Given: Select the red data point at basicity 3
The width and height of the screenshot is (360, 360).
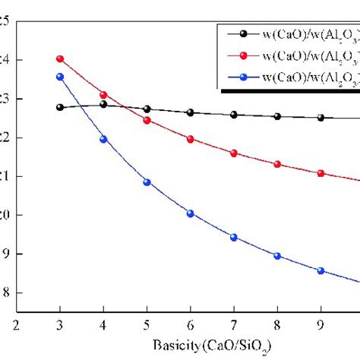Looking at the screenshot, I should pyautogui.click(x=60, y=58).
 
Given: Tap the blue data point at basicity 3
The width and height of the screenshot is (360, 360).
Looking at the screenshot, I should pyautogui.click(x=60, y=77).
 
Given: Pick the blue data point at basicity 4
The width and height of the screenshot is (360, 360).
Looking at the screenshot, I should pyautogui.click(x=103, y=139).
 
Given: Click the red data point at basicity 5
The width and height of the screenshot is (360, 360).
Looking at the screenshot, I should pyautogui.click(x=147, y=120).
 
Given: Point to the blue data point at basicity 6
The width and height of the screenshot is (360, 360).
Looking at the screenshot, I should pyautogui.click(x=191, y=213).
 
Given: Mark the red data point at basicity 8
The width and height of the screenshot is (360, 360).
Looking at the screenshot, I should pyautogui.click(x=277, y=164).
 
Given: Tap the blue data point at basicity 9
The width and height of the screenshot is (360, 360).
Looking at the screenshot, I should pyautogui.click(x=321, y=270).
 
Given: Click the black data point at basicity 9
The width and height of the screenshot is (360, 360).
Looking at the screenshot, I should pyautogui.click(x=321, y=118).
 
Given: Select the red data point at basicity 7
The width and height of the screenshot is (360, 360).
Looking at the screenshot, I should pyautogui.click(x=234, y=153).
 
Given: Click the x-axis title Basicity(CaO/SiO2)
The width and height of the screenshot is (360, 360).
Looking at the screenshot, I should pyautogui.click(x=191, y=344).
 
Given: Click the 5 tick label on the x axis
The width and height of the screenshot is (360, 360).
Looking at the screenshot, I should pyautogui.click(x=147, y=324).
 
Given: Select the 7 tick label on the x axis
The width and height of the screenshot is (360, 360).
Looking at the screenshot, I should pyautogui.click(x=234, y=324).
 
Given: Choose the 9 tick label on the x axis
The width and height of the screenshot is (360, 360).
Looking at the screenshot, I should pyautogui.click(x=321, y=324).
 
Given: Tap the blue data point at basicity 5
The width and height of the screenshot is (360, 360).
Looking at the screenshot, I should pyautogui.click(x=147, y=182).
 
